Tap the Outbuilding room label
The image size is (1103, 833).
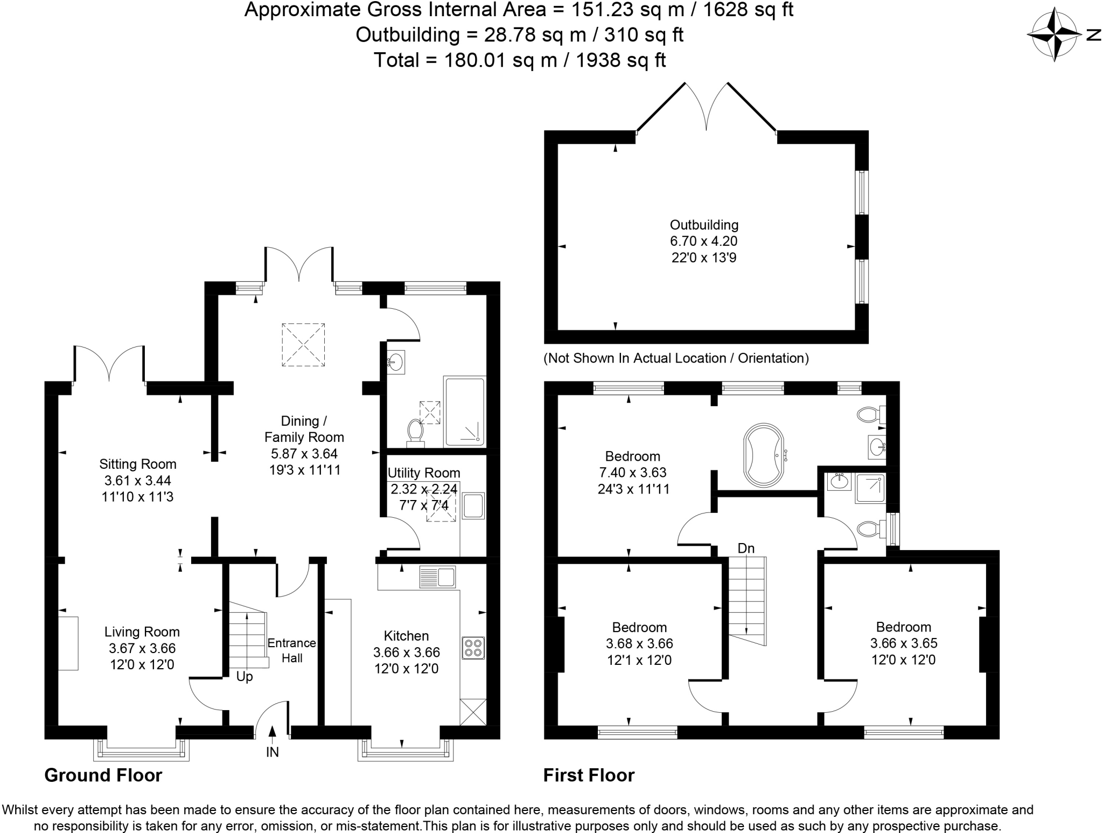703,225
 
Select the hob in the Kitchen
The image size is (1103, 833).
473,648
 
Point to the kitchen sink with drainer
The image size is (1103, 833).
437,577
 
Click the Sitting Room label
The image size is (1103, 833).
137,464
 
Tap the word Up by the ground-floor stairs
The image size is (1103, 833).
245,677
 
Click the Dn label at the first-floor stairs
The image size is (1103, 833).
746,549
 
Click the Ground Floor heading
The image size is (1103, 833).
103,775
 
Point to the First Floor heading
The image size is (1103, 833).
589,775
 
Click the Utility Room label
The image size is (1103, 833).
424,473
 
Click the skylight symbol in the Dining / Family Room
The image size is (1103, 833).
303,345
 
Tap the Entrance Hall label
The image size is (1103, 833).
292,650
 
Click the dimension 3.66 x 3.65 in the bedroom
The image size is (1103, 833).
903,643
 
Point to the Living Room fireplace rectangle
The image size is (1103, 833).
68,643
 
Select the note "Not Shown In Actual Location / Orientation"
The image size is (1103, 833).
676,358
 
